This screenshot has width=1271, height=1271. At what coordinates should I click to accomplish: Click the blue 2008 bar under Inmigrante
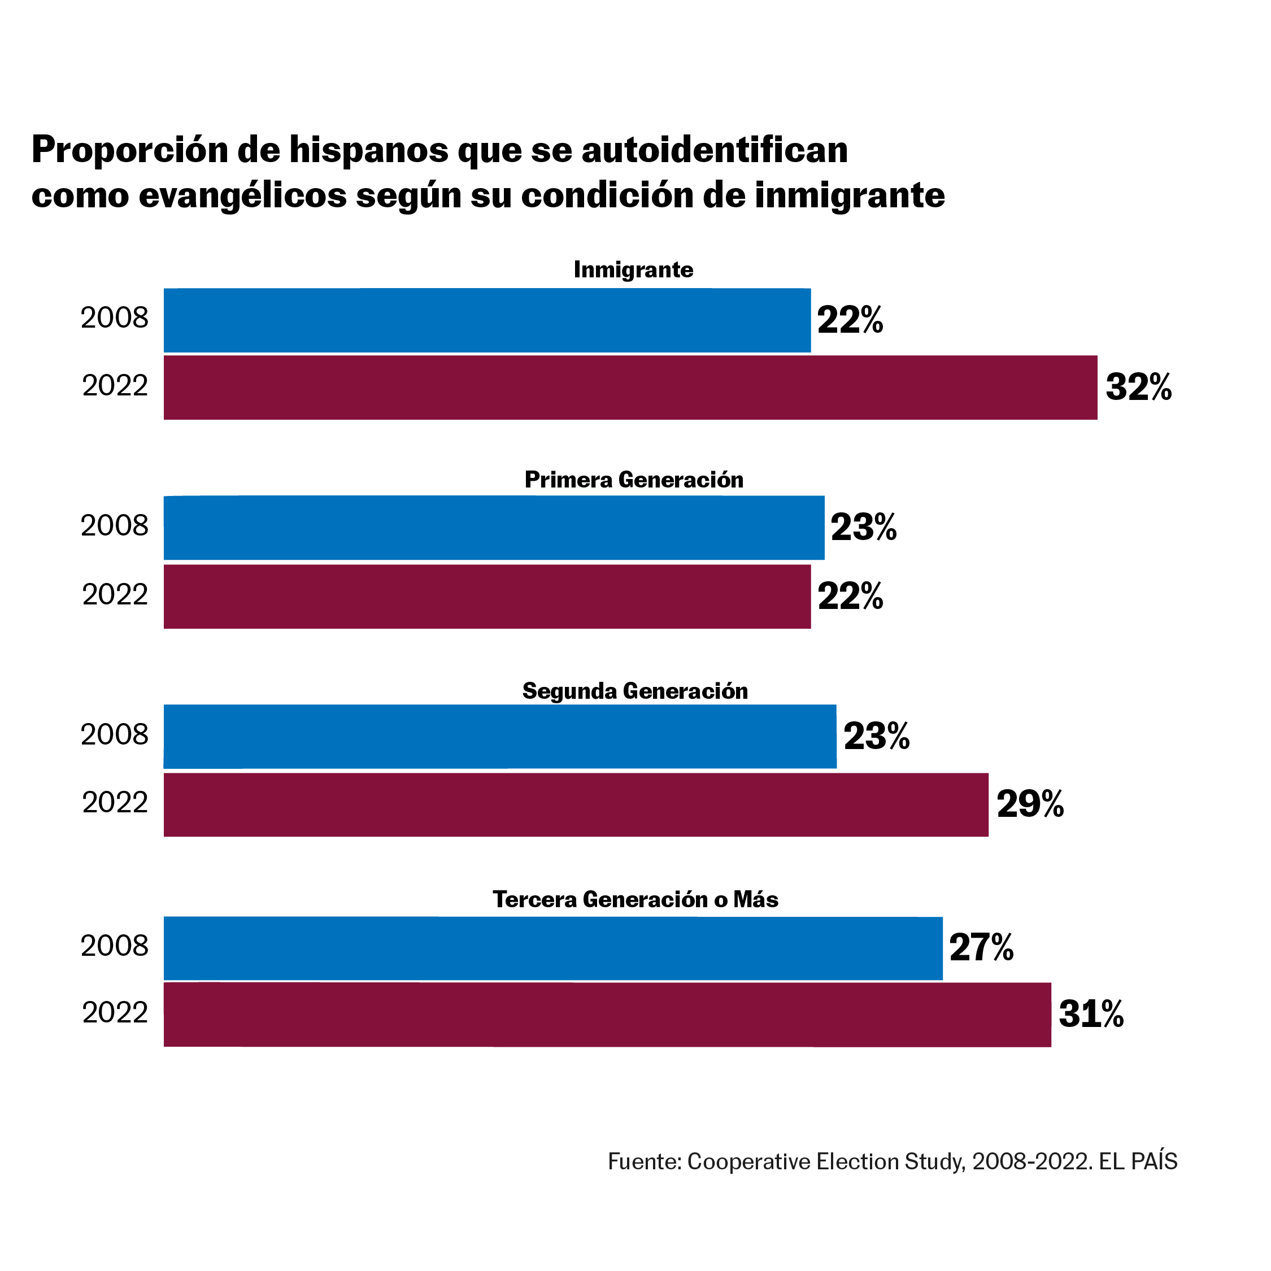[x=487, y=320]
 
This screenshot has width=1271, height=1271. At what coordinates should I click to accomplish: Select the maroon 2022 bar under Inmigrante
[x=630, y=388]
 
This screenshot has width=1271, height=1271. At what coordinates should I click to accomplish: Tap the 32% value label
[x=1138, y=387]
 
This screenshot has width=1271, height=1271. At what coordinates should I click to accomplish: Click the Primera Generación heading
[x=634, y=480]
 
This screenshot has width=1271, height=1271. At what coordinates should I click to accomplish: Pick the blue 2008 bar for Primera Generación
[x=493, y=528]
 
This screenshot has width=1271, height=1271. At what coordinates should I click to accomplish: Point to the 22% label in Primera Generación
[x=850, y=596]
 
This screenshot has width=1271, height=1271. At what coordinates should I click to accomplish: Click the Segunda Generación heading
[x=635, y=691]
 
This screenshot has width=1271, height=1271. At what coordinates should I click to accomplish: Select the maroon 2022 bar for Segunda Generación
[x=576, y=804]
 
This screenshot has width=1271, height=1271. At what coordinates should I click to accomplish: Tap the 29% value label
[x=1030, y=804]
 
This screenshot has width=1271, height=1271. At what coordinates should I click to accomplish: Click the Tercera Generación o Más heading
[x=635, y=899]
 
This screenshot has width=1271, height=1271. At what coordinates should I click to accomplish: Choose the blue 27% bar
[x=552, y=948]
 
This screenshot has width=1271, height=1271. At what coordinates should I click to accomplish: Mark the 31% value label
[x=1091, y=1015]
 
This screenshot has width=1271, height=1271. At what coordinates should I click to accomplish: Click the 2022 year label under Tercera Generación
[x=115, y=1012]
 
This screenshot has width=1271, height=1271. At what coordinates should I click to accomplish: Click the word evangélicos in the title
[x=243, y=195]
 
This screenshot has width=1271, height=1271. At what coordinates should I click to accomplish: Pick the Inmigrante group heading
[x=633, y=269]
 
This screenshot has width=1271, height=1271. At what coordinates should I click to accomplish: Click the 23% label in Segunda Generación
[x=876, y=735]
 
